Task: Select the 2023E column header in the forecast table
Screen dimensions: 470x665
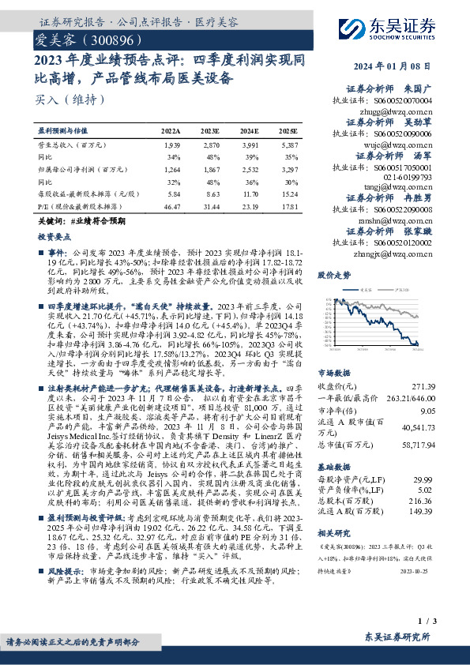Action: tap(210, 131)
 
